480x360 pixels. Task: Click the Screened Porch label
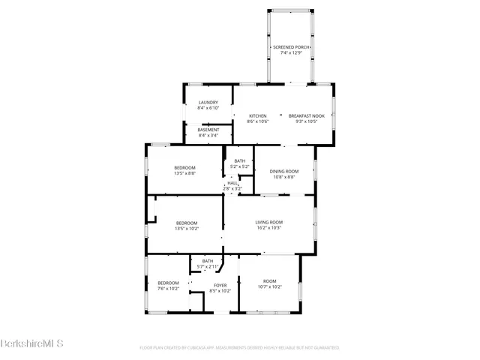tap(291, 46)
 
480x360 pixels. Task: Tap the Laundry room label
tap(208, 102)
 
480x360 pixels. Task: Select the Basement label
tap(208, 130)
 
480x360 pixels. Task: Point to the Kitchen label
tap(257, 115)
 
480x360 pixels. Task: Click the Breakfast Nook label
tap(307, 115)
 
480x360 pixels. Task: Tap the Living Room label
tap(268, 222)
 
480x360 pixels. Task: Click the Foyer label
tap(220, 285)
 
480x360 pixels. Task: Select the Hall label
tap(232, 183)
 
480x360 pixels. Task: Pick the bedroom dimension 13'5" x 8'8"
tap(184, 173)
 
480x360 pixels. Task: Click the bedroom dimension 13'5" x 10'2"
tap(186, 228)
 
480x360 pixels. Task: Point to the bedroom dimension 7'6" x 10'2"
tap(168, 289)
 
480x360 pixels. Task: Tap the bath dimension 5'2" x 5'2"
tap(239, 166)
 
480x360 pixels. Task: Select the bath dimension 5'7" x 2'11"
tap(207, 266)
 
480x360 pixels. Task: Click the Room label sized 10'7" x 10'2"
tap(268, 286)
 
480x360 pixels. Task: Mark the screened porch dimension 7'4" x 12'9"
tap(291, 52)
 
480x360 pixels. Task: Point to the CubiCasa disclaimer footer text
tap(239, 348)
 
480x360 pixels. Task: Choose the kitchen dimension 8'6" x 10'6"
tap(257, 121)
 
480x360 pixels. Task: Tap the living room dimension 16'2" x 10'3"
tap(268, 228)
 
